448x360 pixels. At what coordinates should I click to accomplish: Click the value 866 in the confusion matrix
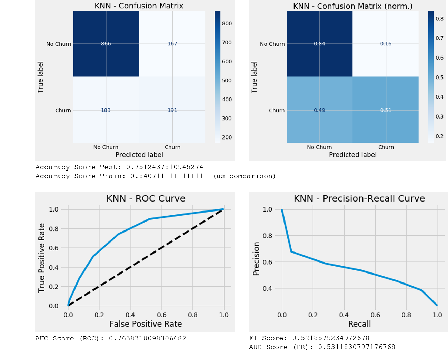click(106, 44)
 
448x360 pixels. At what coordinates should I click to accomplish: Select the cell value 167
click(172, 44)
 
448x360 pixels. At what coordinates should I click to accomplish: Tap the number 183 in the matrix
click(106, 110)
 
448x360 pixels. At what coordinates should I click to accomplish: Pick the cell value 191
click(172, 110)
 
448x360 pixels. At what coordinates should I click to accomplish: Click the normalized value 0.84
click(319, 44)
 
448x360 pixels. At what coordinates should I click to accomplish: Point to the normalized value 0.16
click(386, 44)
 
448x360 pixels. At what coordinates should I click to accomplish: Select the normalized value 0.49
click(319, 110)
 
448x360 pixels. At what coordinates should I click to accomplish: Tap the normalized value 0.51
click(386, 110)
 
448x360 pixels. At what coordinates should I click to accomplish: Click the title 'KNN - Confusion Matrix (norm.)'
click(352, 6)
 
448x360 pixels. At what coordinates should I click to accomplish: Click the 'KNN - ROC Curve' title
click(146, 199)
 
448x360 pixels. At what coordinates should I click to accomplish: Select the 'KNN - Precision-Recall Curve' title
click(359, 199)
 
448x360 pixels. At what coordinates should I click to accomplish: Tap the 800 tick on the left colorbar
click(227, 24)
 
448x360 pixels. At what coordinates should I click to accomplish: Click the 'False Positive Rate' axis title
click(146, 324)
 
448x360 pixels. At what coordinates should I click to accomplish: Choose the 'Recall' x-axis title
click(359, 324)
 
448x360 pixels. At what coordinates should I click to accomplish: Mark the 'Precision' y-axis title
click(256, 258)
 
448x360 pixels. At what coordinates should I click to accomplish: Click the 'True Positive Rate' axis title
click(42, 258)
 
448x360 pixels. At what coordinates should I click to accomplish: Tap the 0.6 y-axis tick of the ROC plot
click(53, 248)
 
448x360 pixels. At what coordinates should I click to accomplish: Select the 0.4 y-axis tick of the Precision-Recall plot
click(267, 288)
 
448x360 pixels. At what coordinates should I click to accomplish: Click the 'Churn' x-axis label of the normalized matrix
click(386, 147)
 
